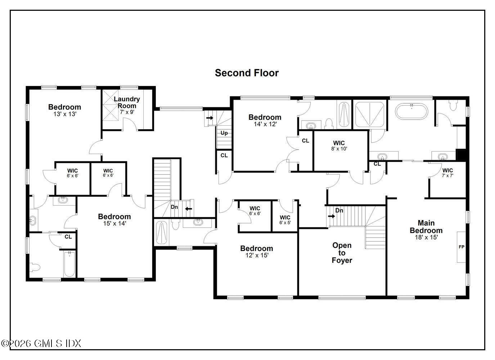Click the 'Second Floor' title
click(x=247, y=73)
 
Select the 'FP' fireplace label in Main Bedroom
click(x=461, y=247)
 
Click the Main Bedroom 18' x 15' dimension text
click(x=426, y=237)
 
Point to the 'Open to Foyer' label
click(x=342, y=253)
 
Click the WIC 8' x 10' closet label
click(x=339, y=145)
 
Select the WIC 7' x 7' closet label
click(x=447, y=173)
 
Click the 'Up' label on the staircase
click(x=224, y=133)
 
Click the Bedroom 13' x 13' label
click(x=64, y=110)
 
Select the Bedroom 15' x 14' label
click(x=114, y=219)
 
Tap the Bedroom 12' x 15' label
click(x=257, y=251)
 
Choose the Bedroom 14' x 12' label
click(x=265, y=120)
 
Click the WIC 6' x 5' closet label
click(x=285, y=220)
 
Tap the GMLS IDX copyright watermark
click(x=41, y=343)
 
